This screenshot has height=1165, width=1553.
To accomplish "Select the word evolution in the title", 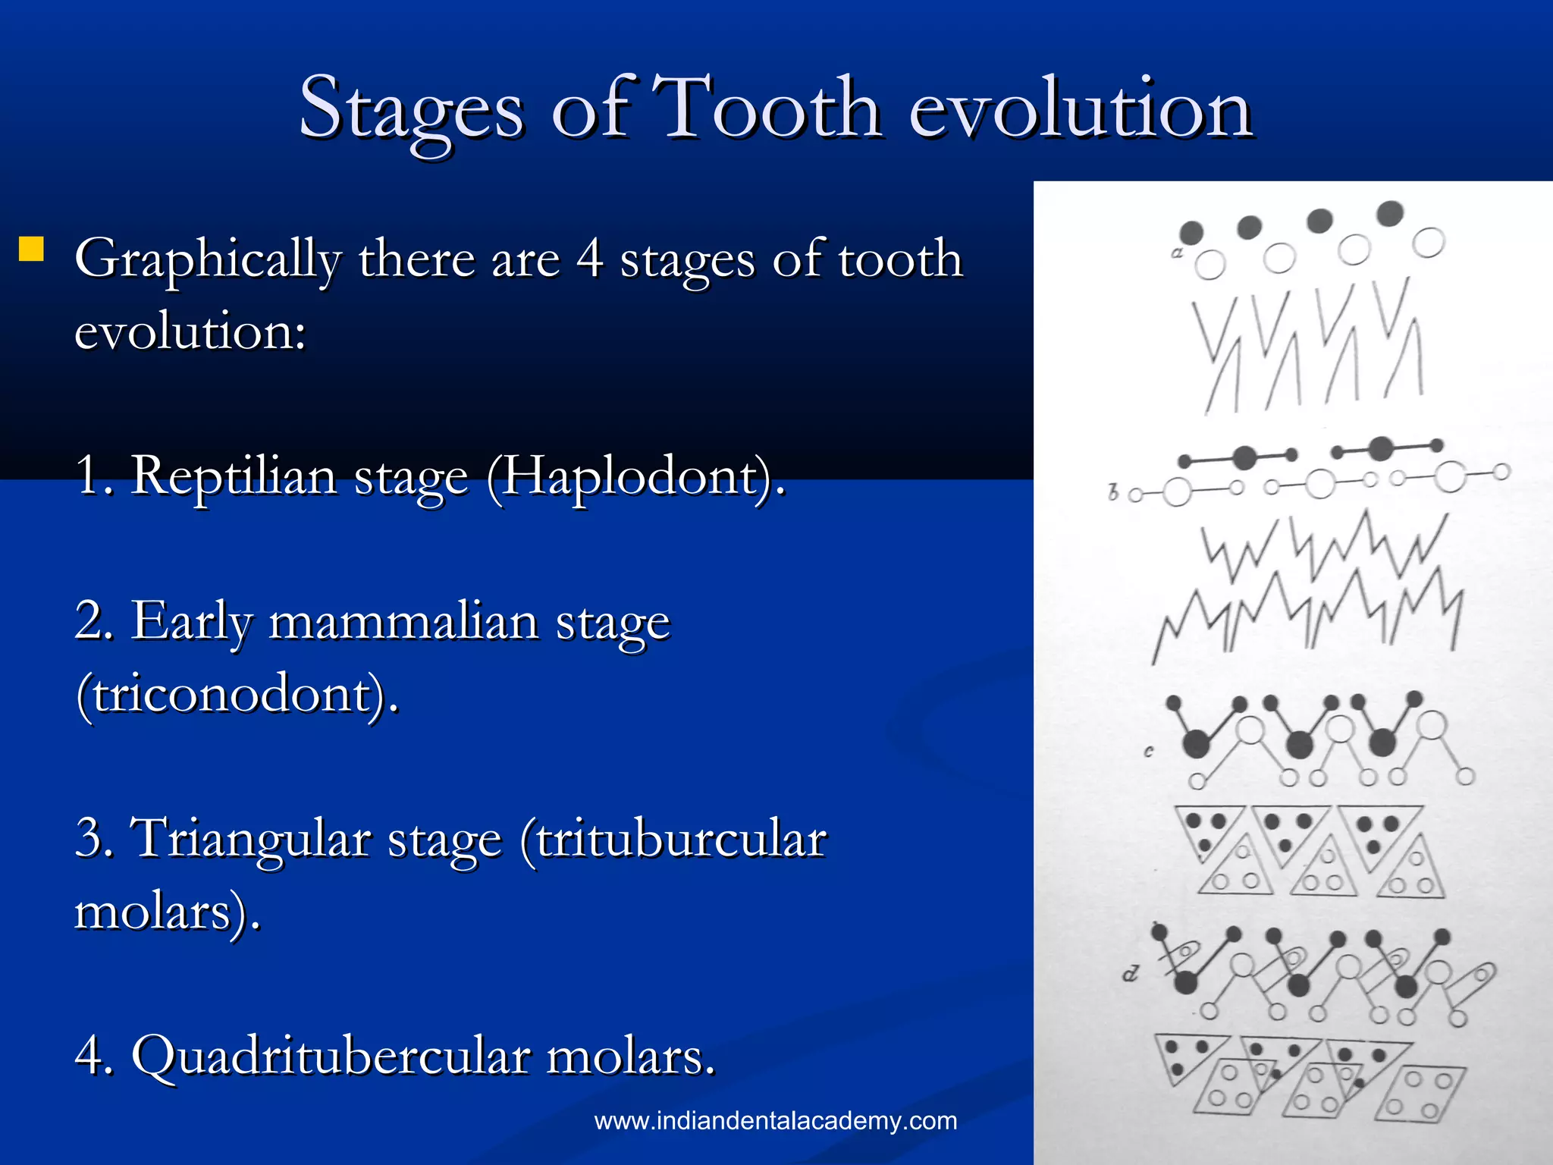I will [x=1080, y=110].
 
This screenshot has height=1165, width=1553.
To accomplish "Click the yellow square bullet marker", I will [x=31, y=249].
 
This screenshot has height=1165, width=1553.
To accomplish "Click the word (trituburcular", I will [x=674, y=839].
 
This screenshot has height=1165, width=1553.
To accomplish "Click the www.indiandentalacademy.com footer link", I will [x=775, y=1121].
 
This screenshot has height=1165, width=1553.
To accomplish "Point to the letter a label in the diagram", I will [x=1177, y=253].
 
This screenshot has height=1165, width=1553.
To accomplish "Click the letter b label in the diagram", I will [x=1113, y=492].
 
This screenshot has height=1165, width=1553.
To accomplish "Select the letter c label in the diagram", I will [x=1149, y=751].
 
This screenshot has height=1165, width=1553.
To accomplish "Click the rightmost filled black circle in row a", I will [x=1390, y=213].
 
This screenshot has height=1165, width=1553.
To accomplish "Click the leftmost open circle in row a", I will [x=1210, y=265].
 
